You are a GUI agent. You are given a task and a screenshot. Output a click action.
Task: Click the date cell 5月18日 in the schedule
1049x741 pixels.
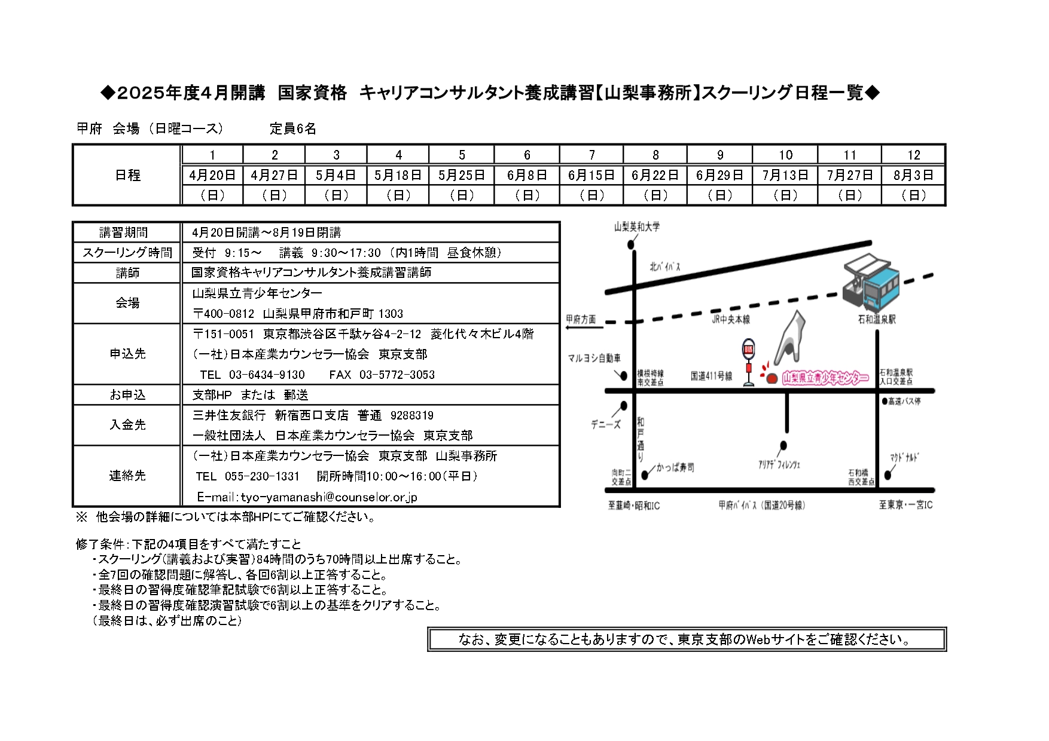point(398,175)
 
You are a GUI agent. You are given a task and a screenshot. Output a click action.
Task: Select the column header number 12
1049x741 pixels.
point(913,155)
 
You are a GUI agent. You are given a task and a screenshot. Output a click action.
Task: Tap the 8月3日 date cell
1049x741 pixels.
point(913,175)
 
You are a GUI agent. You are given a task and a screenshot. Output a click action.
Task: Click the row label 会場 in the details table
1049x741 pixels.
point(127,303)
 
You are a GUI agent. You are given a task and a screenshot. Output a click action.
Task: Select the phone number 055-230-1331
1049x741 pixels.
point(262,476)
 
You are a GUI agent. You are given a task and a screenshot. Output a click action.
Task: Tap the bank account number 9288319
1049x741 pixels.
point(412,415)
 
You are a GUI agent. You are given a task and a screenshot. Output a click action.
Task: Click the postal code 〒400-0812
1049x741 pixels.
point(223,314)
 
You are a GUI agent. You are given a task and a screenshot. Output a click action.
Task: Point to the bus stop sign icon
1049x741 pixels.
point(749,362)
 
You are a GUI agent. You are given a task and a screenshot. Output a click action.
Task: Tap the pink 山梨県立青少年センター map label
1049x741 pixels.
point(825,378)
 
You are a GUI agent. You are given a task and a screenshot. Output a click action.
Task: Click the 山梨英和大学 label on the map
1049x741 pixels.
point(637,227)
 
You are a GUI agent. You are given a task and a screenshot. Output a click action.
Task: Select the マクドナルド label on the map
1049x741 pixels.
point(904,458)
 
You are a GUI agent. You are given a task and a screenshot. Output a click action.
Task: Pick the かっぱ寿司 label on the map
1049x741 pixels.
point(675,467)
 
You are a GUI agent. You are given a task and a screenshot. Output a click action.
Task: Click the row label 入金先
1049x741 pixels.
point(127,425)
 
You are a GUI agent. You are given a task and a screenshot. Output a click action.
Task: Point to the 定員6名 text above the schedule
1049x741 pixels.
point(293,128)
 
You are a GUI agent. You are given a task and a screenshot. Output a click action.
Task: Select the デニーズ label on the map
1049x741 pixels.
point(606,424)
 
